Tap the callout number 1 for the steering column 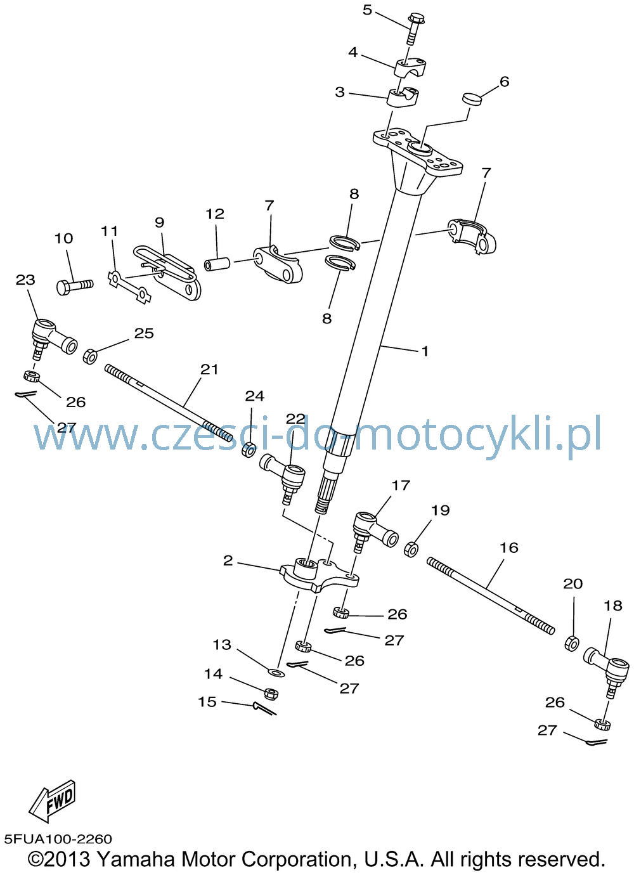point(425,351)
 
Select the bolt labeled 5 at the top point(412,29)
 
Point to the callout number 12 point(215,214)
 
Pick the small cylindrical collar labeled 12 point(217,264)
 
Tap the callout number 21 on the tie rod point(209,369)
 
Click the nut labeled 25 point(90,356)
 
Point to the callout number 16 point(509,548)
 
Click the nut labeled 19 point(411,549)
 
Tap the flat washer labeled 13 point(276,672)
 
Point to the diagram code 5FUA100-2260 point(58,839)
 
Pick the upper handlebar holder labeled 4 point(409,68)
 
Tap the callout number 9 point(159,223)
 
